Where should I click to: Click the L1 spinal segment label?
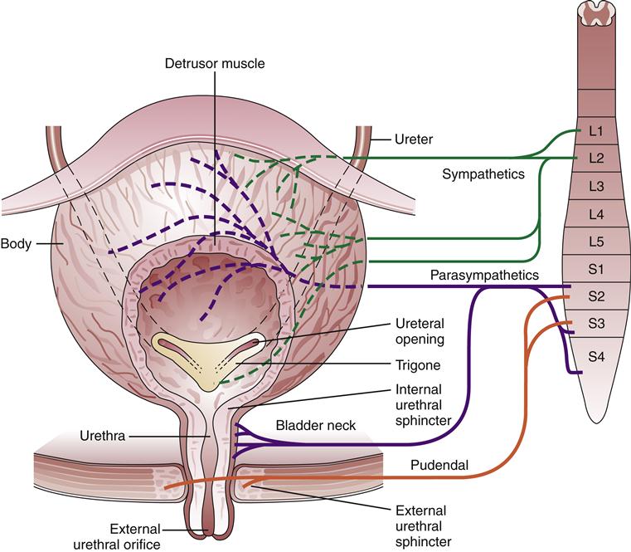tap(595, 131)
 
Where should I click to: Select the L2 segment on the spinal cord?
tap(595, 158)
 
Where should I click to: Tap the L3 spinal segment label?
tap(595, 187)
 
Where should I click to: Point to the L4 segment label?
tap(595, 215)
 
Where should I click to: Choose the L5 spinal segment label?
tap(595, 242)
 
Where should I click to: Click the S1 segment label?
tap(595, 269)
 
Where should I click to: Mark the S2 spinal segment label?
tap(595, 295)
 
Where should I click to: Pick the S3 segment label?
tap(595, 323)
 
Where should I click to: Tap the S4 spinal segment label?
tap(595, 357)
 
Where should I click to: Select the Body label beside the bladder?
tap(17, 245)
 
